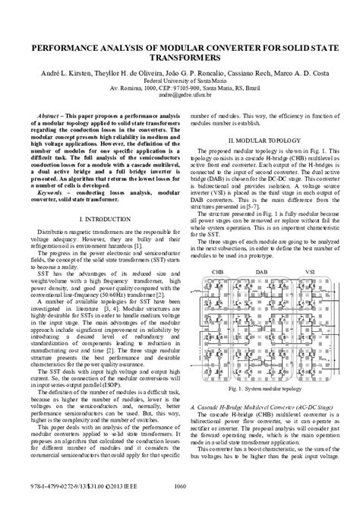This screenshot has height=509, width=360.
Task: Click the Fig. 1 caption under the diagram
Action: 266,388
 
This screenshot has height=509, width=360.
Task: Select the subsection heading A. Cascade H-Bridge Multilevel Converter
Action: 266,406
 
